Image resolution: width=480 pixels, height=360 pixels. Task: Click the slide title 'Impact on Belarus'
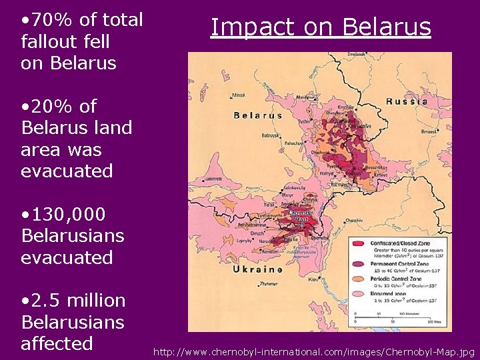pos(321,27)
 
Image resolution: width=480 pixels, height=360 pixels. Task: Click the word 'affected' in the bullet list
pos(57,343)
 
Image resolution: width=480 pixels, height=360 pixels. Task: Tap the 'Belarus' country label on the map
pos(257,115)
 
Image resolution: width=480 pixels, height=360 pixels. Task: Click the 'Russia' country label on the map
pos(407,102)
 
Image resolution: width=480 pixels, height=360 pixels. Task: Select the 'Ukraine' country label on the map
pos(257,269)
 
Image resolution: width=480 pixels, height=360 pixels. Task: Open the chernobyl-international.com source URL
pos(314,351)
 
